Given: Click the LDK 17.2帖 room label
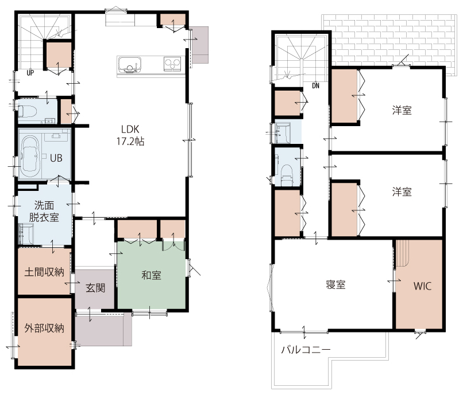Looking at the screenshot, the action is (130, 135).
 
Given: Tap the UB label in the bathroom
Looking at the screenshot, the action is (56, 158).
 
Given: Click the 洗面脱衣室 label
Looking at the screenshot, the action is (44, 211).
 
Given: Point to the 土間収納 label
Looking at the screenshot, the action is (44, 272).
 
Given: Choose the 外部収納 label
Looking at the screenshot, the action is (44, 328).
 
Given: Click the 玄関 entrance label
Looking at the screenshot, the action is (95, 288).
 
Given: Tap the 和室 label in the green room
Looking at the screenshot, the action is (151, 275).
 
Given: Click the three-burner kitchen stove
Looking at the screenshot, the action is (172, 64).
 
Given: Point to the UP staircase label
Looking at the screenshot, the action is (30, 73).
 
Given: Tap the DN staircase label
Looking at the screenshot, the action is (315, 86).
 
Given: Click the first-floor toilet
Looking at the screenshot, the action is (27, 112).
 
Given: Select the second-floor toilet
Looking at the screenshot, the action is (287, 175).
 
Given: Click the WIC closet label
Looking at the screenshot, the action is (422, 286).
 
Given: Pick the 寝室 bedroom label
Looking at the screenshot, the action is (335, 285).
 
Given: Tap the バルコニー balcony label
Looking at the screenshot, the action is (306, 350).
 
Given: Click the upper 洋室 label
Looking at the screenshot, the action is (402, 111).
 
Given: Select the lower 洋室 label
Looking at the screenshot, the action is (402, 192).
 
